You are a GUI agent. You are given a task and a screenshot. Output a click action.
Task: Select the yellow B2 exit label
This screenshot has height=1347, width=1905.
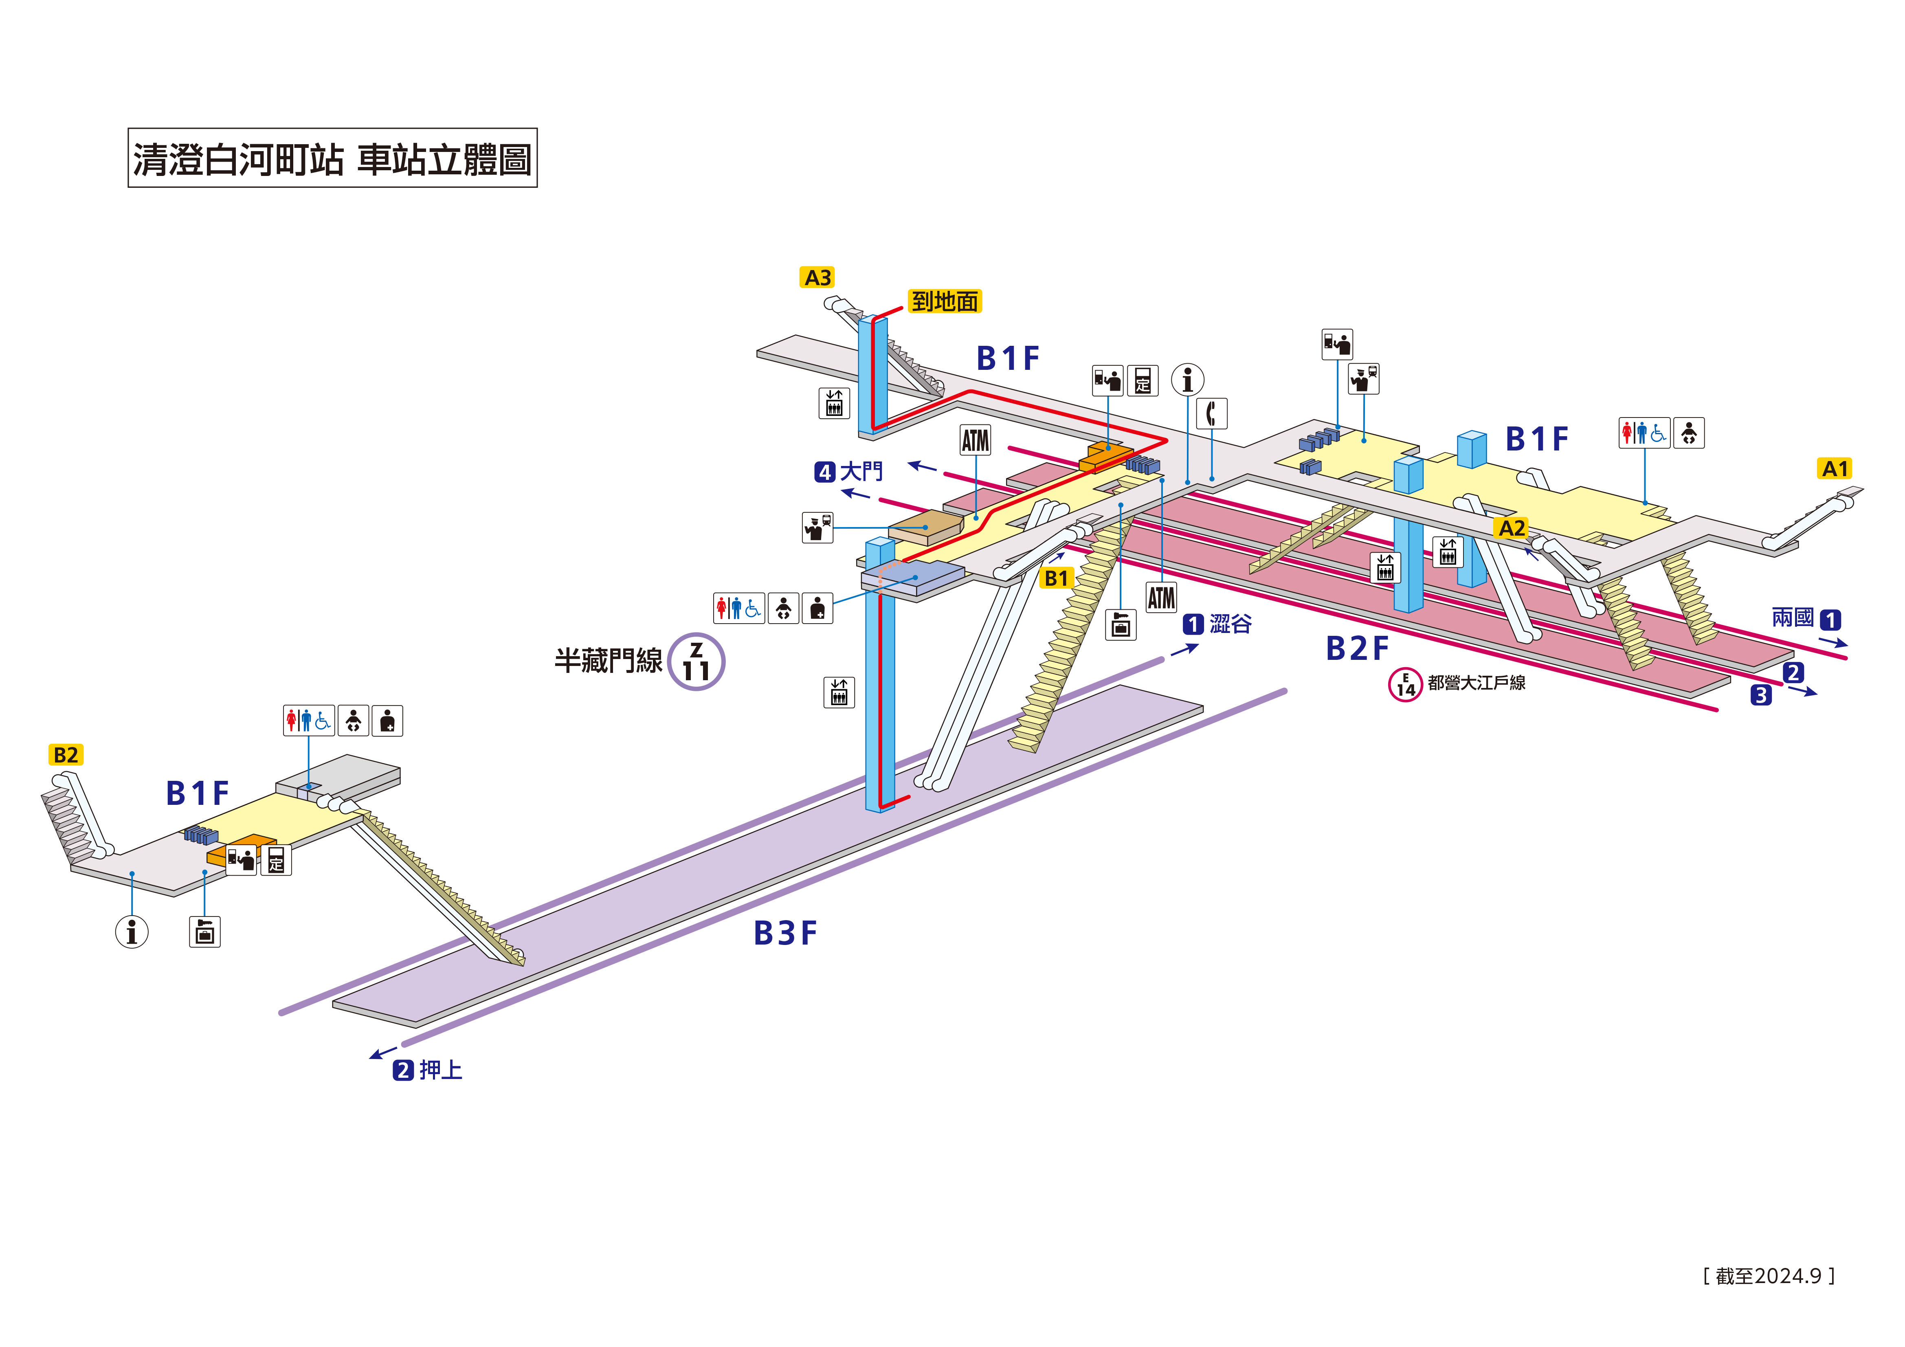tap(66, 754)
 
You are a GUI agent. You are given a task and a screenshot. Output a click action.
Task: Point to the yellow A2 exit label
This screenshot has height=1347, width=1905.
tap(1512, 528)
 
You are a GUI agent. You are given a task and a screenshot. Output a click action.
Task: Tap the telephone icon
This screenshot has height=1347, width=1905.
tap(1211, 413)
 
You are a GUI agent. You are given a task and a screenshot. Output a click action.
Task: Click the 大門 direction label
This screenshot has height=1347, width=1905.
tap(861, 471)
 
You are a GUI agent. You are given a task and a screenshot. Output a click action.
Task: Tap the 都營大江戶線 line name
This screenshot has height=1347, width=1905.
tap(1476, 683)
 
